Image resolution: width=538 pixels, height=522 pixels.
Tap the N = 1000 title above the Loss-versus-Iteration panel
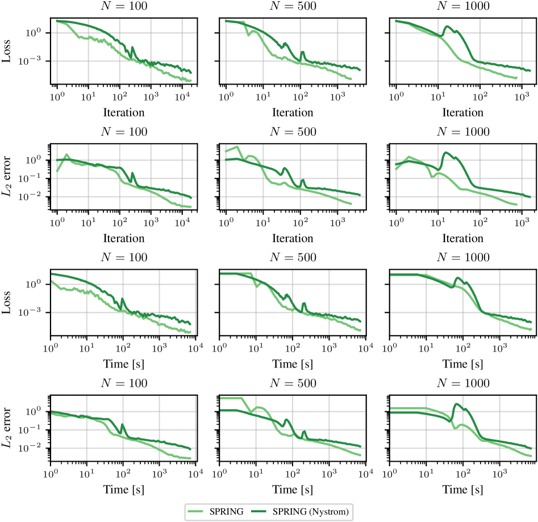pos(462,7)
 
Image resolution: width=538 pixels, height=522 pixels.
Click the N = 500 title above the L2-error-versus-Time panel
pos(293,383)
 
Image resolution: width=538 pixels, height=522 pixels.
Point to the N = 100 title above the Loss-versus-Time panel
pos(123,257)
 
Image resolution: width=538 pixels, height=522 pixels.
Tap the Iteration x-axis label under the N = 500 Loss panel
pos(293,112)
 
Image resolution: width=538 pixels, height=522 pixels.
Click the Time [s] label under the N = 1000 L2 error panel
pos(462,489)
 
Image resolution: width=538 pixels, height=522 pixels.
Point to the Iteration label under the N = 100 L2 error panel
pos(123,237)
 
